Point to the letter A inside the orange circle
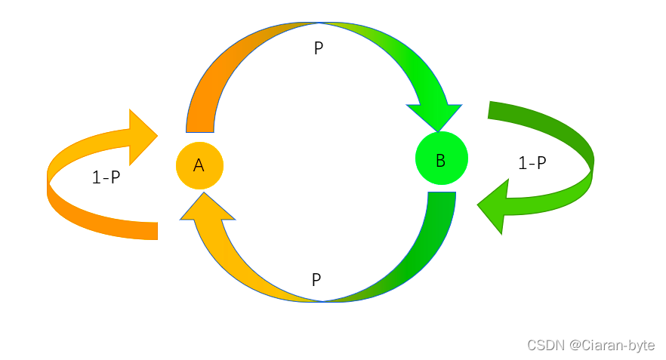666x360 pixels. click(x=199, y=165)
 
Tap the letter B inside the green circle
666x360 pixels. click(x=441, y=160)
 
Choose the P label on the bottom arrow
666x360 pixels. click(x=316, y=280)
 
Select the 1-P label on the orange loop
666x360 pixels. click(x=106, y=177)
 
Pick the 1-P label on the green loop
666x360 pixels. click(x=532, y=162)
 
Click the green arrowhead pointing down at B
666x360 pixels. click(x=436, y=114)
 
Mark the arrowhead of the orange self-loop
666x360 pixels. click(x=141, y=137)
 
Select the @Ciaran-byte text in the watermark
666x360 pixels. click(x=612, y=345)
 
